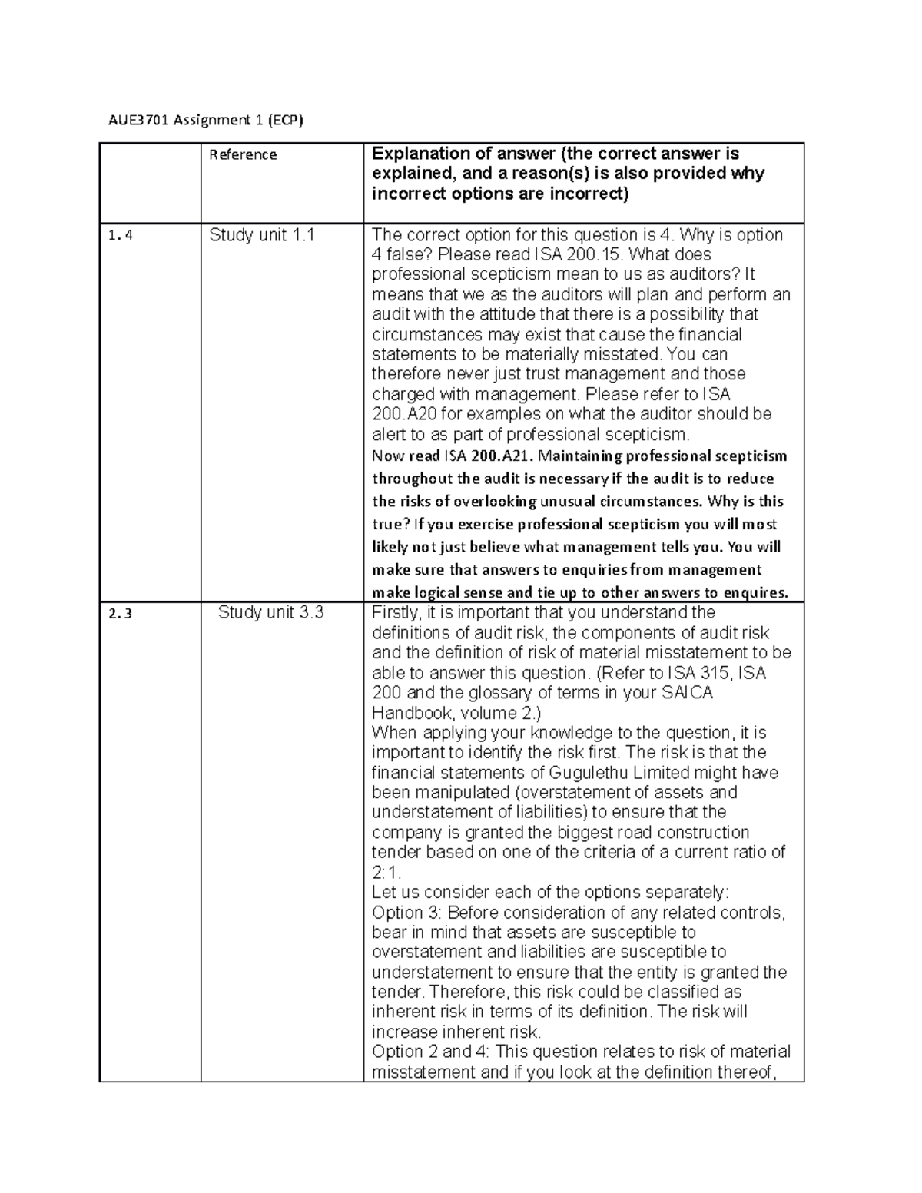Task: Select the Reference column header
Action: coord(243,155)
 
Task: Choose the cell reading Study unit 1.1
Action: coord(262,236)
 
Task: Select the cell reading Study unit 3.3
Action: coord(270,613)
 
